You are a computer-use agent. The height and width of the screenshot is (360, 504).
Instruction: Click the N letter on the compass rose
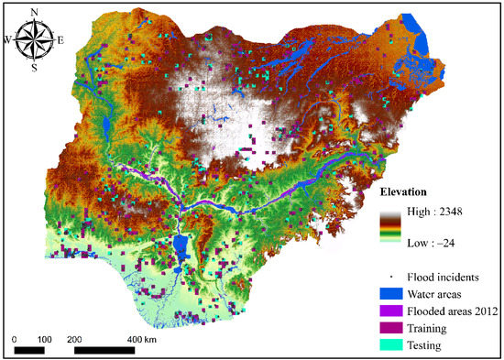tap(35, 12)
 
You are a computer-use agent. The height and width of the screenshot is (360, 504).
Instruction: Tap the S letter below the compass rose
tap(35, 67)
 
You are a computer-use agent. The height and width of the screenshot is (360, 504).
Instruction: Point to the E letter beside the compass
tap(60, 39)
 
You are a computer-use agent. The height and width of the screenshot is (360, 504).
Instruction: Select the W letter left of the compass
tap(8, 39)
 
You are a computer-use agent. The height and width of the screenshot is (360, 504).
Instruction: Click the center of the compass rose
tap(35, 39)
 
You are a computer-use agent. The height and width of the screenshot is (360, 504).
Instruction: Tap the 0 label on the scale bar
tap(16, 338)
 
